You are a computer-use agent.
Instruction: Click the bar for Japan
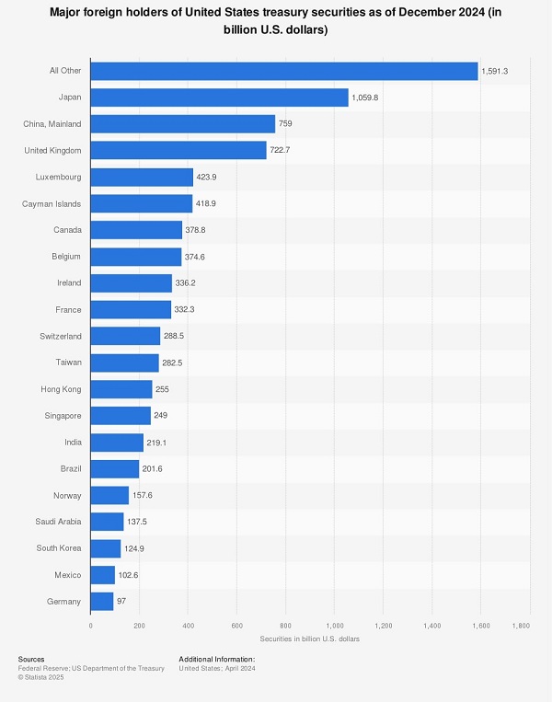(x=219, y=98)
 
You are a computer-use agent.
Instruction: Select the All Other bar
(x=283, y=71)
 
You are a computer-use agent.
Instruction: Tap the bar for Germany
(x=101, y=602)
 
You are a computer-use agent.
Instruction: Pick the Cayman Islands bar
(x=141, y=203)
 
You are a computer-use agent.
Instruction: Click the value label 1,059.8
(x=370, y=98)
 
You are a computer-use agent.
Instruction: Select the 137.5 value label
(x=137, y=522)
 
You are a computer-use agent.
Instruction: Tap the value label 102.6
(x=129, y=575)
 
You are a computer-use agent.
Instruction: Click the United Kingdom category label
(x=52, y=150)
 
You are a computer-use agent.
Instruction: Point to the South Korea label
(x=59, y=548)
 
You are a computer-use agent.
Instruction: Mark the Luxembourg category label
(x=57, y=177)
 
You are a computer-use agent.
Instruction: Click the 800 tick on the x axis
(x=285, y=626)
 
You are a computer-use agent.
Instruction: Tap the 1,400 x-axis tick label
(x=431, y=626)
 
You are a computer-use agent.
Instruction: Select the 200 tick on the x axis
(x=139, y=626)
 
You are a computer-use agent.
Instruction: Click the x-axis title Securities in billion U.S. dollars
(x=309, y=638)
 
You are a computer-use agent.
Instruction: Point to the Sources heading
(x=31, y=659)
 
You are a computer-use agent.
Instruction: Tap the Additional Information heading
(x=216, y=659)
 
